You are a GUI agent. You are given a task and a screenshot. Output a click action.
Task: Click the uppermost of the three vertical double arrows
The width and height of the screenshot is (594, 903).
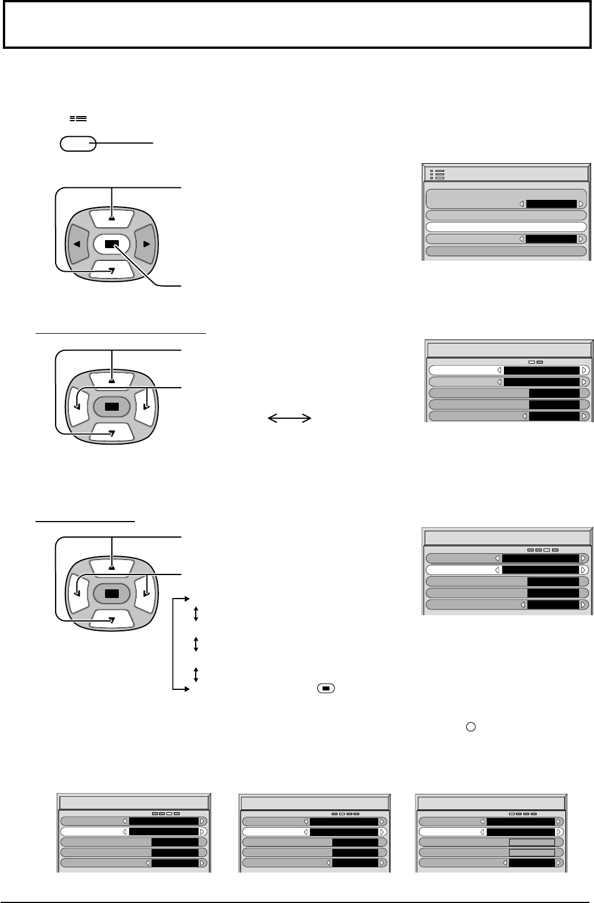click(x=196, y=615)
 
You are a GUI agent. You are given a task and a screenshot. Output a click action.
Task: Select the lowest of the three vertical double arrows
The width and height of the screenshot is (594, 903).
click(x=196, y=674)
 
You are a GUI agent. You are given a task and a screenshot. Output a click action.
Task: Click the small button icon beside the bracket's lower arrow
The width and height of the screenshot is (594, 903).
click(x=325, y=688)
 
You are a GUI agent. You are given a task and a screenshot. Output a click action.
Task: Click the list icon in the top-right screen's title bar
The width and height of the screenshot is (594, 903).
click(x=440, y=174)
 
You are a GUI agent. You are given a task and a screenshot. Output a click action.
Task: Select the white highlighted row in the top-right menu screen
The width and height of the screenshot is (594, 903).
click(x=506, y=227)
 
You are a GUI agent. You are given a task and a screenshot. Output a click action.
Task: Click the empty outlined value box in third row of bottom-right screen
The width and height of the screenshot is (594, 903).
click(x=531, y=842)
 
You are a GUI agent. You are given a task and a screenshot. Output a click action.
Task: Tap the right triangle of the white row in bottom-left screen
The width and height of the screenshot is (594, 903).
click(x=203, y=831)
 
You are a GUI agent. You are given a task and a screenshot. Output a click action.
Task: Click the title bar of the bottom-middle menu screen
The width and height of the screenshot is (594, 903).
click(x=315, y=802)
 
